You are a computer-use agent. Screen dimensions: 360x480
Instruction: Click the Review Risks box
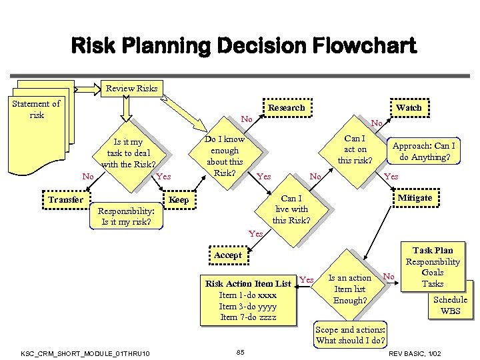(132, 89)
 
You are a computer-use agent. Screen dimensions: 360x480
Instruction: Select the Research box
(286, 107)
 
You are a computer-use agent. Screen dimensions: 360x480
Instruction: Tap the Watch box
(408, 107)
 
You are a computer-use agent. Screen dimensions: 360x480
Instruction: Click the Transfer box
(65, 199)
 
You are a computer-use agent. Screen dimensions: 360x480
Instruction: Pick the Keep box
(179, 200)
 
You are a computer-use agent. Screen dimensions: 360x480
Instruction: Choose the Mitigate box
(415, 198)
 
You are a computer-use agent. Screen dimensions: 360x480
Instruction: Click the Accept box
(228, 255)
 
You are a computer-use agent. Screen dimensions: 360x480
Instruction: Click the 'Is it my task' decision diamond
(128, 153)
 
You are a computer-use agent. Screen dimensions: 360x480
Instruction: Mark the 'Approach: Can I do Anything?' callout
(424, 152)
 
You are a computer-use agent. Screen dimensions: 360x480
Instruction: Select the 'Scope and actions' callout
(351, 335)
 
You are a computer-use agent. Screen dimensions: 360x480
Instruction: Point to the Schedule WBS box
(450, 305)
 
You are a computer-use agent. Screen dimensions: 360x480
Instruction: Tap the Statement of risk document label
(37, 109)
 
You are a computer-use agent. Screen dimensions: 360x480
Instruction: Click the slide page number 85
(241, 351)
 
